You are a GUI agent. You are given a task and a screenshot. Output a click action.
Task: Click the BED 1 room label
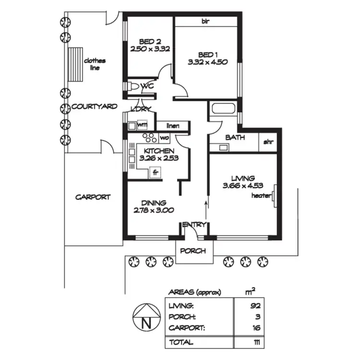coord(206,54)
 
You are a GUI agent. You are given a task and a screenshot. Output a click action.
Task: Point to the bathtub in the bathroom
coord(223,108)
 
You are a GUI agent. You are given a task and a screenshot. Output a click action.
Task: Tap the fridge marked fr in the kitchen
coord(155,171)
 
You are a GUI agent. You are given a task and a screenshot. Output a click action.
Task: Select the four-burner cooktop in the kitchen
coord(149,138)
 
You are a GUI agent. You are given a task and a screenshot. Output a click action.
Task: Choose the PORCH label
coord(193,251)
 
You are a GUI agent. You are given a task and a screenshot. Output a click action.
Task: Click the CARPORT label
coord(93,197)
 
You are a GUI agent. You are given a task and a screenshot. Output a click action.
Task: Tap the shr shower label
coord(267,142)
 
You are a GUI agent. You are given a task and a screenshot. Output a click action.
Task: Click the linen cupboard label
coord(173,126)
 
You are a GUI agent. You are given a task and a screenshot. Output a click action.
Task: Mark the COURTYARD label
coord(94,107)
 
